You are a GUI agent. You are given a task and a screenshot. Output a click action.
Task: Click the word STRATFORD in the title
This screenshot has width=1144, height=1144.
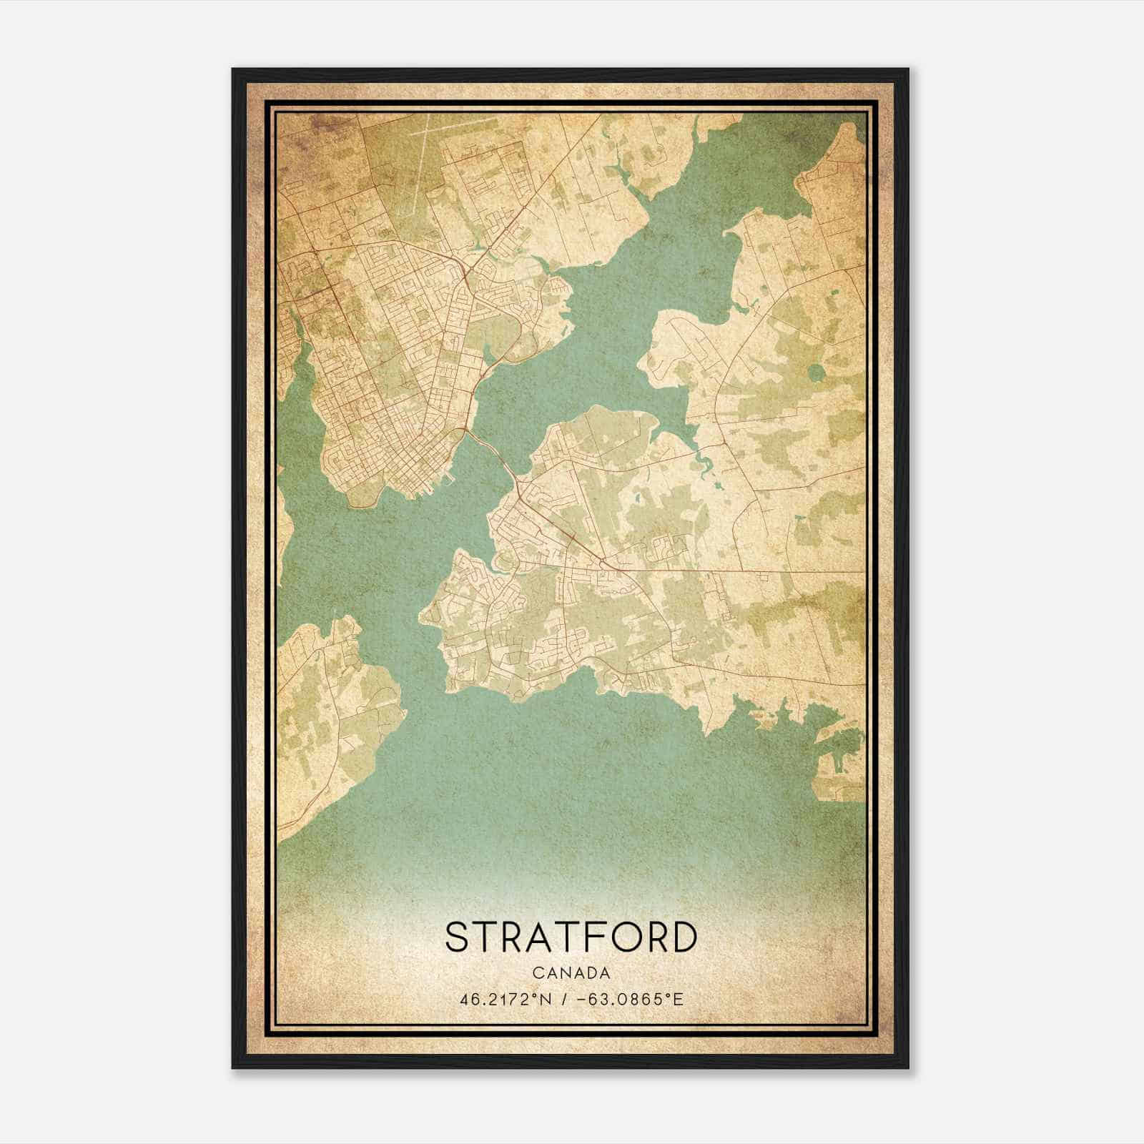point(571,937)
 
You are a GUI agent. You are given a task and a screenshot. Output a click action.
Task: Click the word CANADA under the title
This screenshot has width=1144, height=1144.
point(571,973)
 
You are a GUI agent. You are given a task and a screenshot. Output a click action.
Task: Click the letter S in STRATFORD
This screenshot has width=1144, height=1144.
point(458,937)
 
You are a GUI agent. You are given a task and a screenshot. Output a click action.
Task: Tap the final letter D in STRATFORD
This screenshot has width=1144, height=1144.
point(683,937)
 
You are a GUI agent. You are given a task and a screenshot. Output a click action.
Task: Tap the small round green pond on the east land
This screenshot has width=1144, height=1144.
point(816,373)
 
